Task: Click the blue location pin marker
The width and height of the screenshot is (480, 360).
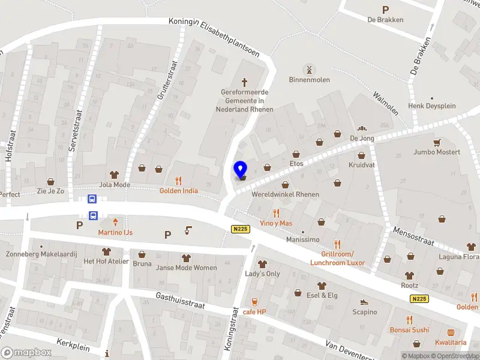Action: [x=240, y=170]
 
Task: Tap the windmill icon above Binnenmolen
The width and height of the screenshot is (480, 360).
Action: [x=310, y=69]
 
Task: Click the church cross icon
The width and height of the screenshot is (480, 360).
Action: [x=245, y=82]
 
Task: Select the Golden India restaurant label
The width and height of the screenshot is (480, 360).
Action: [x=178, y=191]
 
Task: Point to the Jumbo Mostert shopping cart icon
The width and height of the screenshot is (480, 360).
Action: [x=437, y=142]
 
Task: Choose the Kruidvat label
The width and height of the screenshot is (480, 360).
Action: [x=361, y=164]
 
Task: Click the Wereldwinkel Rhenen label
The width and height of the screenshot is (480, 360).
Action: [x=285, y=194]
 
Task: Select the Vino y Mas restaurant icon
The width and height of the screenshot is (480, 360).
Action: [x=277, y=213]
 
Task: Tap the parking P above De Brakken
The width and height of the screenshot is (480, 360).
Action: [x=385, y=10]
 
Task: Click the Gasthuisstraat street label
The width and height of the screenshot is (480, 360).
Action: [x=180, y=301]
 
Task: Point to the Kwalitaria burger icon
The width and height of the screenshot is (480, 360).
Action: [x=451, y=332]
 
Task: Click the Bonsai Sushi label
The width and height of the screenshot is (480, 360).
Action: [x=409, y=330]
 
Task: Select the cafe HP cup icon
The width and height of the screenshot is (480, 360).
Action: [x=254, y=302]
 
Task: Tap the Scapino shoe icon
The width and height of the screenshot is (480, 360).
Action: [x=364, y=302]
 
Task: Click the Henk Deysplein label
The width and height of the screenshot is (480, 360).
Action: [x=432, y=106]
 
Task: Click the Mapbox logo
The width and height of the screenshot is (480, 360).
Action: [x=26, y=353]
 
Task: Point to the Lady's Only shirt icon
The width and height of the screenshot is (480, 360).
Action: [x=262, y=264]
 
